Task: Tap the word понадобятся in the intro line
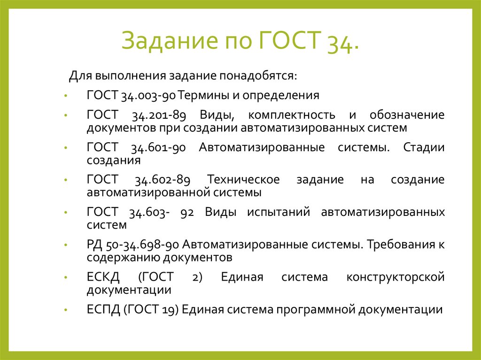(x=258, y=76)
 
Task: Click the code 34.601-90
(x=159, y=148)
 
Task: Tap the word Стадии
(x=424, y=148)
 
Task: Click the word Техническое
(x=244, y=180)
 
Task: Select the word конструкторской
(x=396, y=277)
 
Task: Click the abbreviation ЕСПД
(x=104, y=310)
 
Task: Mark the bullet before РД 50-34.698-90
(x=68, y=245)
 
